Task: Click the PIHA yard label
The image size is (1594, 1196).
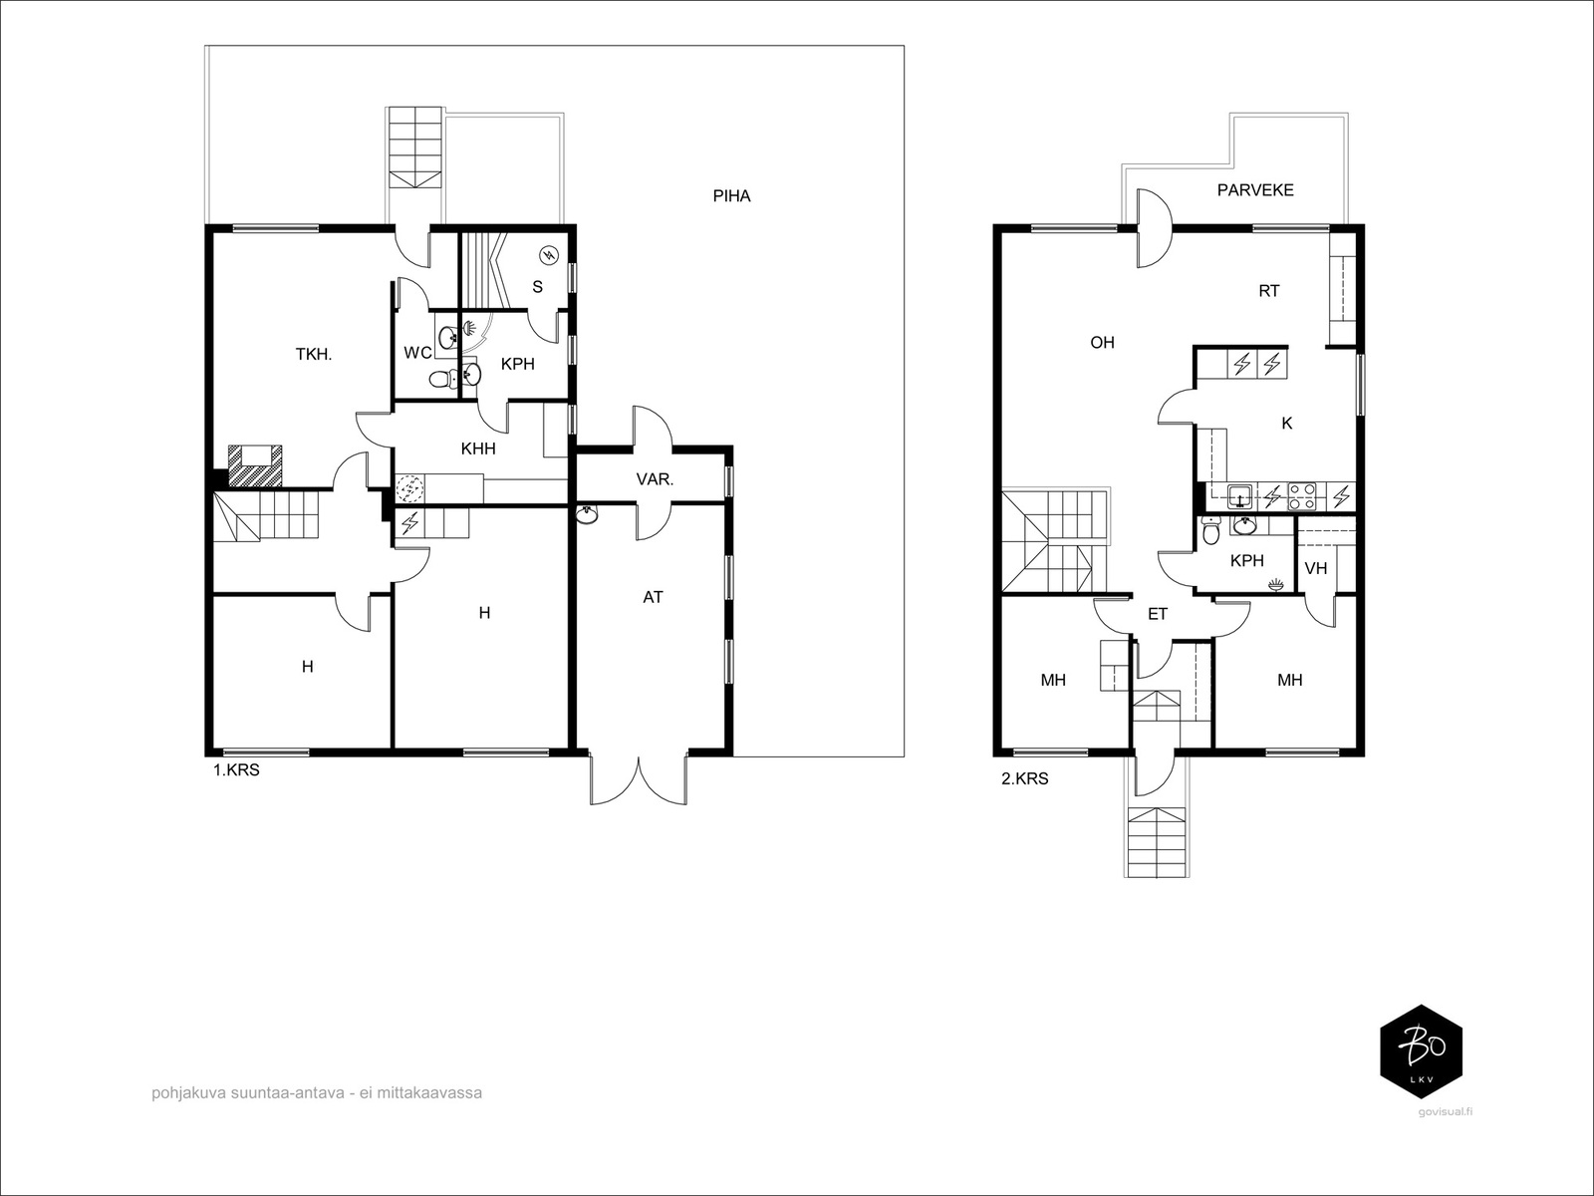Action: click(x=731, y=196)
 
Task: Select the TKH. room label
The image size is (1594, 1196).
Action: click(x=314, y=355)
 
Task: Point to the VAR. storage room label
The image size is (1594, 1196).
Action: click(x=655, y=479)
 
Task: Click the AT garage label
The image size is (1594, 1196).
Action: click(x=653, y=597)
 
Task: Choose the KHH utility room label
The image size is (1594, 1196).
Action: click(x=478, y=448)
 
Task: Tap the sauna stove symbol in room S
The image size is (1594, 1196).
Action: click(x=550, y=255)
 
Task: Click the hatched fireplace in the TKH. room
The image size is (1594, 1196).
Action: click(x=255, y=466)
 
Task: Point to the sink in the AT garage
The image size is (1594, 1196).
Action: click(x=587, y=515)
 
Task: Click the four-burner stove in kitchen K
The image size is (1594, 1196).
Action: click(x=1302, y=496)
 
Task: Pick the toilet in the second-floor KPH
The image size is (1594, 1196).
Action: click(x=1210, y=531)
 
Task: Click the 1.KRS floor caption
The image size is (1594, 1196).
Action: click(x=236, y=770)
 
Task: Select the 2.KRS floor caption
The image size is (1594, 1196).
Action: click(x=1025, y=779)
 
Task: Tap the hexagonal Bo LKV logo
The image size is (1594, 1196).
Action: click(x=1422, y=1050)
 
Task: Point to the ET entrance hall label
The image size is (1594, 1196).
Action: click(x=1158, y=614)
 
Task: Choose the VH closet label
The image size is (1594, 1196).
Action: click(x=1316, y=568)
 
